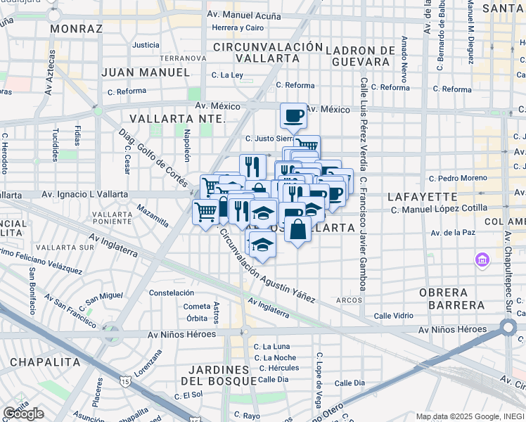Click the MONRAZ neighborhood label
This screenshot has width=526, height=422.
point(76,29)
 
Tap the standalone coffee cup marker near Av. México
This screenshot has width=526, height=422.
point(293,115)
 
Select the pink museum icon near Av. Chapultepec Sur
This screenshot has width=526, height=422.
point(481,261)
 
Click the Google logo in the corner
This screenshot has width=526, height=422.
point(23,414)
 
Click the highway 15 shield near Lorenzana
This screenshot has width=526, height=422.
point(124,381)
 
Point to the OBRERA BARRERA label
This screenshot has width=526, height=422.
point(452,298)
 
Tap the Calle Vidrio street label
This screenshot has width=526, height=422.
point(394,316)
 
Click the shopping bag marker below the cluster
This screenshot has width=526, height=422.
point(298,229)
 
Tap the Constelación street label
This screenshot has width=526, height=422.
point(171,293)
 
